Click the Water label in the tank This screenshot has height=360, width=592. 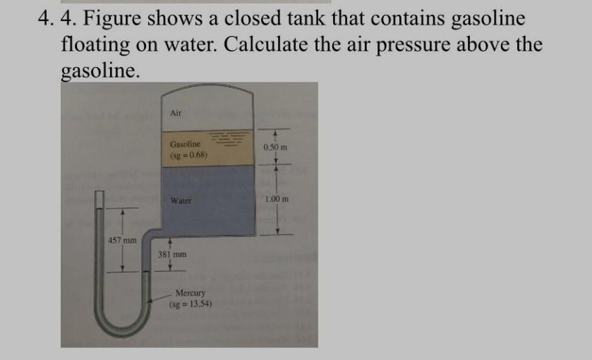[x=181, y=200]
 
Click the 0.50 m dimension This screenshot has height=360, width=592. [x=275, y=148]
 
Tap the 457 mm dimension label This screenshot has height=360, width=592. [x=122, y=241]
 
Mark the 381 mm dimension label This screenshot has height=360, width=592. [x=172, y=256]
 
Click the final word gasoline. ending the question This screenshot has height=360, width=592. [x=101, y=71]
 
